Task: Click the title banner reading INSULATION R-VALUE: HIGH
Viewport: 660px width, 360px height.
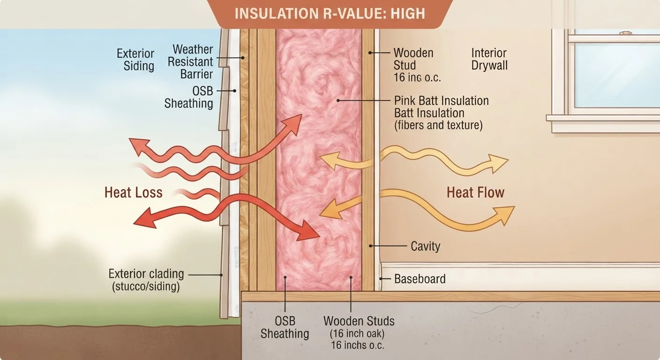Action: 330,14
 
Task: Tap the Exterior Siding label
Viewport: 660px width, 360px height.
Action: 135,60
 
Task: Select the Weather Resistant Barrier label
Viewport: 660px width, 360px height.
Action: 190,61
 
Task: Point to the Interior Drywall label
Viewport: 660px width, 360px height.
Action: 489,59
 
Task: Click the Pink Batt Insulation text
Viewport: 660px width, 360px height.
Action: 442,101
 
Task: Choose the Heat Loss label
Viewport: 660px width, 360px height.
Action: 134,193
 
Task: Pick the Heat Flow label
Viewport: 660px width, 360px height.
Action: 476,193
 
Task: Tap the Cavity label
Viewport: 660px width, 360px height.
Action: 426,246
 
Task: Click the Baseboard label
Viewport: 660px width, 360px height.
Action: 420,279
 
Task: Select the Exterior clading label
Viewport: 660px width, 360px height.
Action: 146,274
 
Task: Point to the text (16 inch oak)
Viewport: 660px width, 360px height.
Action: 357,333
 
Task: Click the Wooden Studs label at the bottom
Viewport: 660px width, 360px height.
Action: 359,321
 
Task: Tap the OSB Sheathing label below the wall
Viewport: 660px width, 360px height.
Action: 285,327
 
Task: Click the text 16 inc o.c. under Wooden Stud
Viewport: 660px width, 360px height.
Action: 417,77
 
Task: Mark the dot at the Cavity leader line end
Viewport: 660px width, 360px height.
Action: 370,246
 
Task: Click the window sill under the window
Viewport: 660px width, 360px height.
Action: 603,118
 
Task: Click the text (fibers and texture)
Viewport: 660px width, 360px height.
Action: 438,125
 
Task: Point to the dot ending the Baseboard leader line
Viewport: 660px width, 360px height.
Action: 381,279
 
